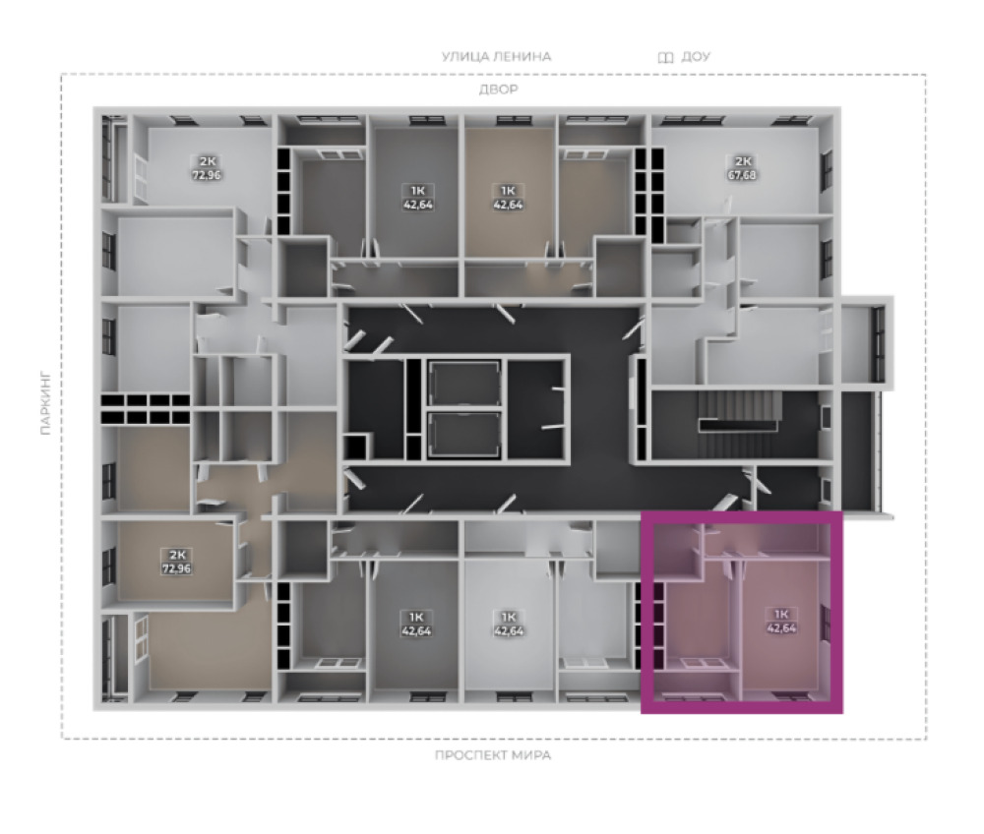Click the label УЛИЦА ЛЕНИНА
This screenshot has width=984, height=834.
(x=496, y=56)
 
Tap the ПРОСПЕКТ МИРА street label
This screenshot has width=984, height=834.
(x=493, y=755)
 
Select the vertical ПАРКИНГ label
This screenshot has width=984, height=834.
(x=45, y=403)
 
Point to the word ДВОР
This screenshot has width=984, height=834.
(x=498, y=89)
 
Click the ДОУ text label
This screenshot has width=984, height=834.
(x=696, y=56)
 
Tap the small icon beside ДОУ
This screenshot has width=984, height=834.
(x=666, y=58)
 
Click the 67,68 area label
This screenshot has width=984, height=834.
(x=742, y=174)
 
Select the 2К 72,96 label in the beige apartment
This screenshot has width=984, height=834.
(x=177, y=562)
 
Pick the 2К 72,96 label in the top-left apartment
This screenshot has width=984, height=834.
(x=207, y=167)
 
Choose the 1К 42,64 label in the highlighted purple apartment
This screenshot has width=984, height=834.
(x=781, y=621)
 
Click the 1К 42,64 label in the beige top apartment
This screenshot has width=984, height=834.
(x=508, y=197)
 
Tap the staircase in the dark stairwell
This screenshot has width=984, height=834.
(x=739, y=411)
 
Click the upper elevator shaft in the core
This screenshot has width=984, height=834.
(x=463, y=383)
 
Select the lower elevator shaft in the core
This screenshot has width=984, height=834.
(x=463, y=434)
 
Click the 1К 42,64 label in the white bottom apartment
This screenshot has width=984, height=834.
(x=509, y=624)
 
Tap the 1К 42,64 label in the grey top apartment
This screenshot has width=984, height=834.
(x=418, y=197)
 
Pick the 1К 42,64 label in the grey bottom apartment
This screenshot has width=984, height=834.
(x=416, y=624)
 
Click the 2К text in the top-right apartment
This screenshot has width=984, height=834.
(x=742, y=161)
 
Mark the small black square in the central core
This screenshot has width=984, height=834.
(x=355, y=446)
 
